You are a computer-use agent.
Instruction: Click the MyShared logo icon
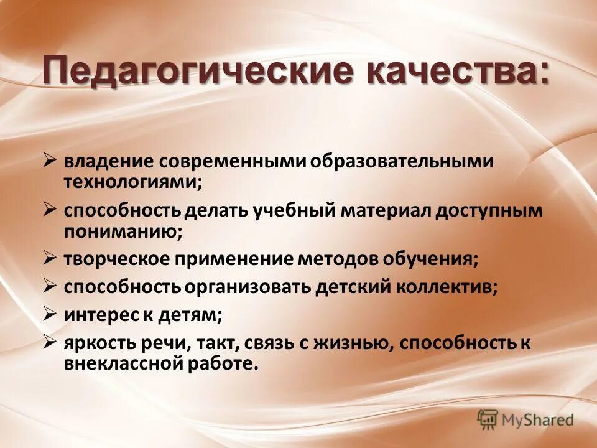[488, 419]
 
